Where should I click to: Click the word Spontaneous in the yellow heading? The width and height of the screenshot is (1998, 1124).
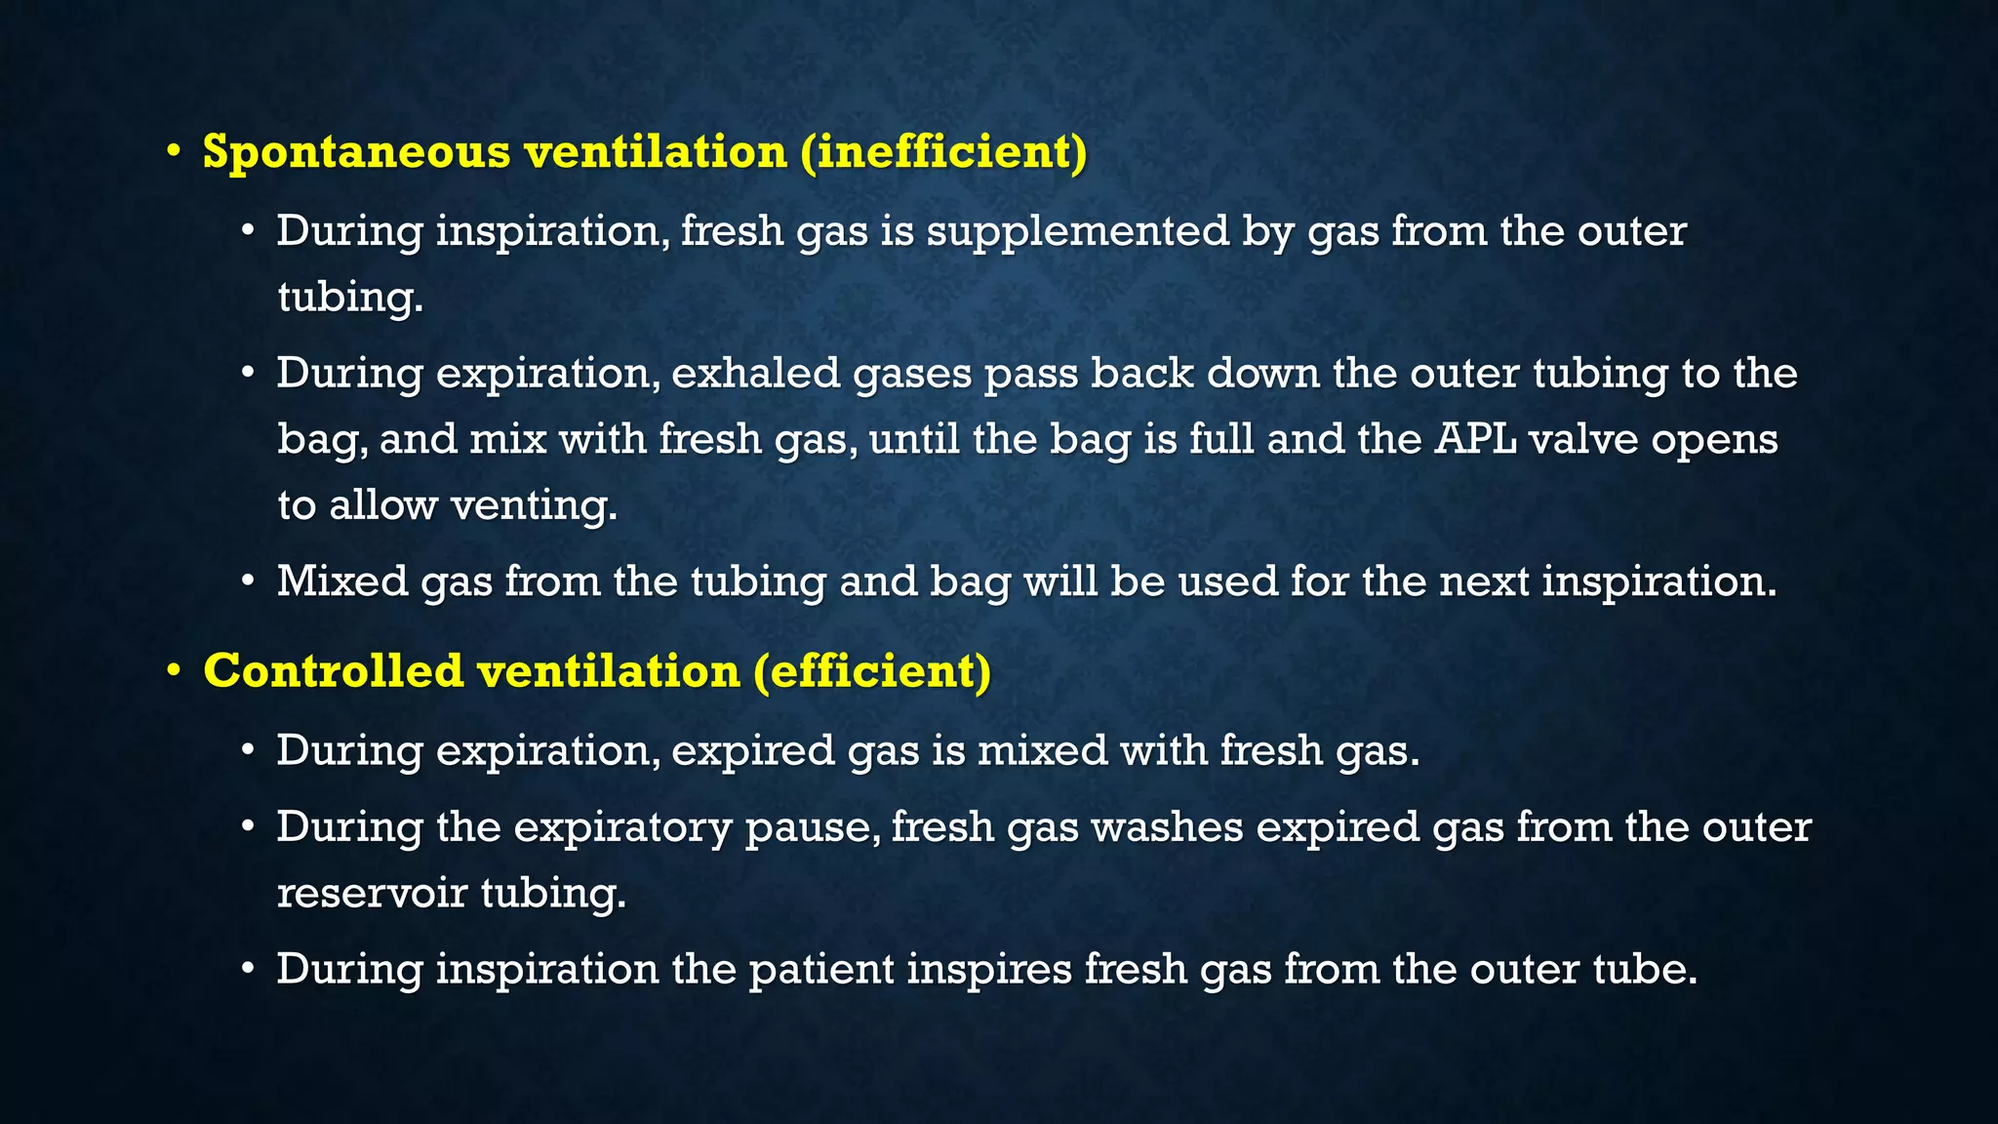pos(356,153)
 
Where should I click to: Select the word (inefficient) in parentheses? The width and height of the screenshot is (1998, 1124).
pos(943,153)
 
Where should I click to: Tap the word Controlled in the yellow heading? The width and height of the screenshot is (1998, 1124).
pos(334,672)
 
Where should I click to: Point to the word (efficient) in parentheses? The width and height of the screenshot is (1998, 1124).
pos(872,672)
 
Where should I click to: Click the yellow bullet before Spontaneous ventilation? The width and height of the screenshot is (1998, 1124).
pos(174,151)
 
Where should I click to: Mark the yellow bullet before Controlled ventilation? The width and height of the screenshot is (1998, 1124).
pos(174,670)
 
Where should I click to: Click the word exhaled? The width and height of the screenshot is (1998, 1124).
pos(755,374)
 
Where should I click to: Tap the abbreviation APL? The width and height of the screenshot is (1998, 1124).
pos(1476,439)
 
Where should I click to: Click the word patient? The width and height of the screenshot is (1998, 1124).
pos(821,970)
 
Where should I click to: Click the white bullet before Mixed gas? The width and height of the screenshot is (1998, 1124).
pos(249,582)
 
